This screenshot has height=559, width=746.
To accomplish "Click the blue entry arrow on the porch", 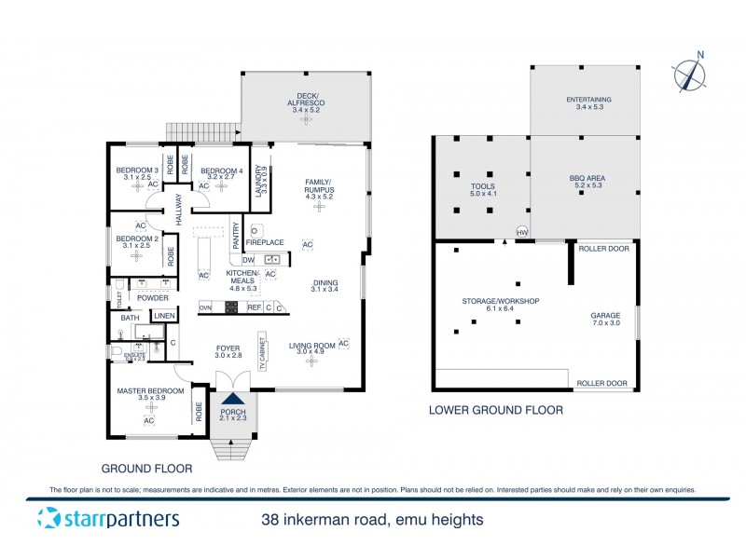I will pos(228,397).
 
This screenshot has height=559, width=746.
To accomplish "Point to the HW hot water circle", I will pos(522,232).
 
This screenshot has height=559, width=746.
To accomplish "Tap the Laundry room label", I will pos(262,177).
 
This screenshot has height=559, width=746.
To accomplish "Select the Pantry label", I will pos(236,231).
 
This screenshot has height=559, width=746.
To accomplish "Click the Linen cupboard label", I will pos(163,317).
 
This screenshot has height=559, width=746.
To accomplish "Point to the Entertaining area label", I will pos(588,104).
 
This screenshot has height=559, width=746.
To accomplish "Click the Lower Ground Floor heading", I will pos(495,410).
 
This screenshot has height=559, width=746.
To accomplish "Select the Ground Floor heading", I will pos(145,469).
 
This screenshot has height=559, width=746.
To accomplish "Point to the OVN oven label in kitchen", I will pos(205,307).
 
